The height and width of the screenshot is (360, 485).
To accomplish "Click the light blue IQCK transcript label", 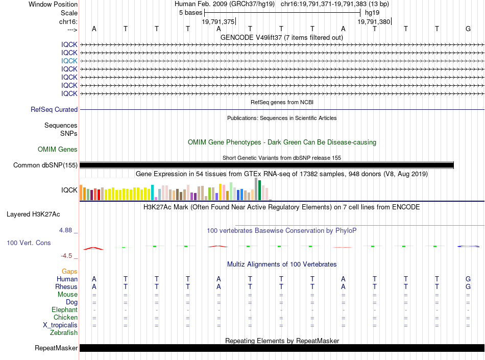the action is coord(69,61).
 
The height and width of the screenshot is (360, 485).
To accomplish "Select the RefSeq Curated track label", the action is coord(54,109).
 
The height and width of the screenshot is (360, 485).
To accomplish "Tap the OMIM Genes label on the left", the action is coord(58,150).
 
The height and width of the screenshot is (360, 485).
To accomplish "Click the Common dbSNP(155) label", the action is coord(45,165).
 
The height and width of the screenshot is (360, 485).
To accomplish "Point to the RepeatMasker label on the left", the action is coord(56,348).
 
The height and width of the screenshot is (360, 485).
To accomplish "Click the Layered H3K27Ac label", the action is coord(33,214).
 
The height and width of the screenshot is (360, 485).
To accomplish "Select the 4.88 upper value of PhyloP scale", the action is coord(65,230).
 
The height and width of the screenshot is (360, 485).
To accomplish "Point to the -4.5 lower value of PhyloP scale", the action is coord(66,256).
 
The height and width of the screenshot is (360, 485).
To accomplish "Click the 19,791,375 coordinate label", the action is coord(218,21).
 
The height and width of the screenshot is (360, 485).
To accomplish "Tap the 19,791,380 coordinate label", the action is coord(374,21).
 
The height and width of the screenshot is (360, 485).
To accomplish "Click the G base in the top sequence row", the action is coord(468,29).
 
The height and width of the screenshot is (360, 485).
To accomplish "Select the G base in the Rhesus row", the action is coord(468,286).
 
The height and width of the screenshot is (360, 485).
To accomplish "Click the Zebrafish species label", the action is coord(64,333).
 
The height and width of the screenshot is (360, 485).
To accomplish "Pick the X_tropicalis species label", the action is coord(60,325).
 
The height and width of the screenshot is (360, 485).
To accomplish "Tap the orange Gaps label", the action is coord(69,271).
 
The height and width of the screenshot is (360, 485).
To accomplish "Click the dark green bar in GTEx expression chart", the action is coord(259,190).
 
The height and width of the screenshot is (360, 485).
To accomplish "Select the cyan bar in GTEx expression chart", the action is coord(152,193).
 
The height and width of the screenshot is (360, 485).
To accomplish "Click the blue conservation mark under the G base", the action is coord(468,246).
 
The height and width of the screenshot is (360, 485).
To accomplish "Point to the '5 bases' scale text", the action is coord(190,13).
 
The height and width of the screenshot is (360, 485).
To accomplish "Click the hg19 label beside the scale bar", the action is coord(372,13).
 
